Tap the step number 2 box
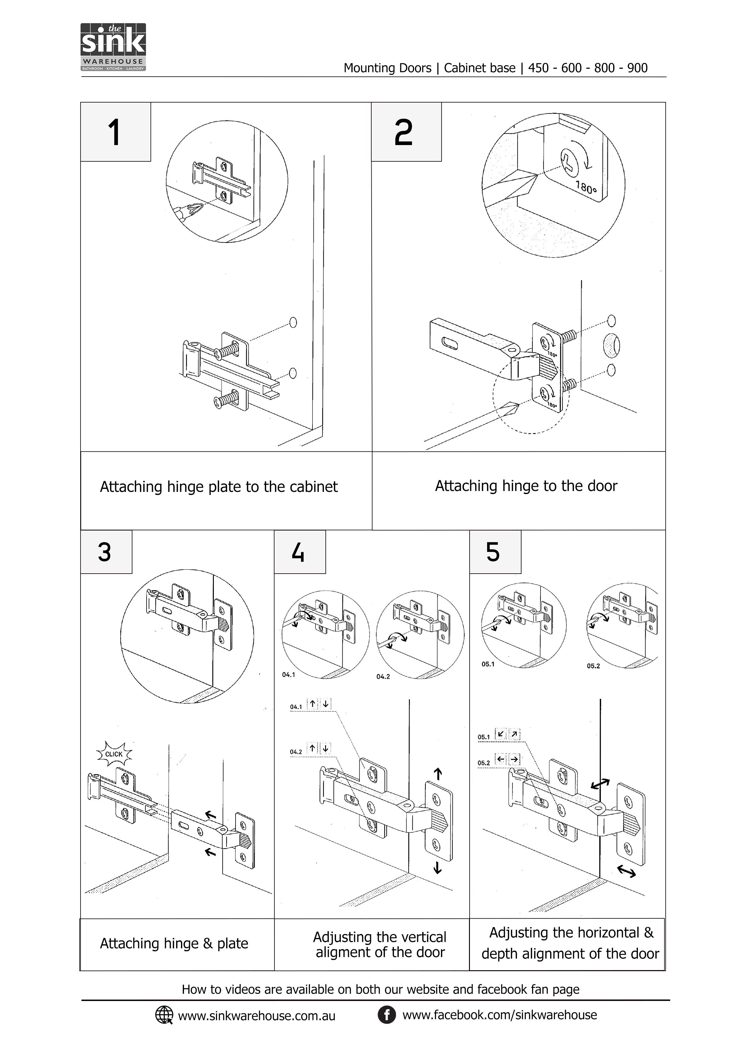point(406,132)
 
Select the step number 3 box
point(106,552)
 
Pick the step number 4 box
point(299,552)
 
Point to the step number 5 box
point(495,552)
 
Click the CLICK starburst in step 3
point(114,754)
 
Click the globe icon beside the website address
point(163,1015)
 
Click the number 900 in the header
point(637,68)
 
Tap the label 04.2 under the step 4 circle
point(383,676)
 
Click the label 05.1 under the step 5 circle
point(488,664)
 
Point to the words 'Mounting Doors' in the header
point(387,68)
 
